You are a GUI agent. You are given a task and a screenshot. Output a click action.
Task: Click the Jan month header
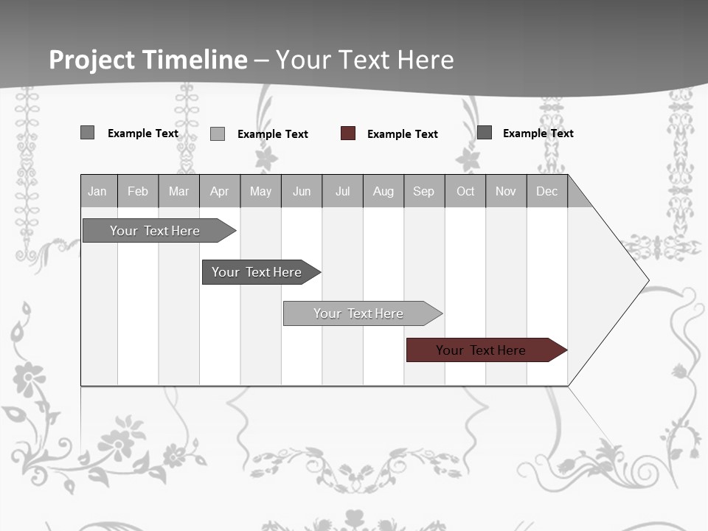[x=98, y=191]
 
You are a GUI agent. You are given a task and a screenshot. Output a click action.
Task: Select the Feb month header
[x=138, y=191]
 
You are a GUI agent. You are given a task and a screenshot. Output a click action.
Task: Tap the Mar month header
[x=178, y=191]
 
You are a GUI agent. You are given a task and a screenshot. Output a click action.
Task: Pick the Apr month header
[x=220, y=191]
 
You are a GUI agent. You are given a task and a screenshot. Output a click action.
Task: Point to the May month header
[x=260, y=191]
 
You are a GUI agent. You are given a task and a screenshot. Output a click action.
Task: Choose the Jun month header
[x=302, y=191]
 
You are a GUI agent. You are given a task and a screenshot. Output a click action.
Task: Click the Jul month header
[x=342, y=191]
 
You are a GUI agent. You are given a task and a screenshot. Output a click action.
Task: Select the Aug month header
[x=383, y=191]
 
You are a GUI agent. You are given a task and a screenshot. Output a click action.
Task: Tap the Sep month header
[x=424, y=191]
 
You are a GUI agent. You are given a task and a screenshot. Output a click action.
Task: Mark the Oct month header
[x=465, y=191]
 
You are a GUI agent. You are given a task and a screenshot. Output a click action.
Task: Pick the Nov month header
[x=506, y=191]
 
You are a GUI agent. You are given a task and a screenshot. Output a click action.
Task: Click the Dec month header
[x=547, y=191]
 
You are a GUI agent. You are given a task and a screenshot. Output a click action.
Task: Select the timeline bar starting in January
[x=156, y=231]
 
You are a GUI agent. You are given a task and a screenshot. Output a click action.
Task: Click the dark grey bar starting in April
[x=257, y=272]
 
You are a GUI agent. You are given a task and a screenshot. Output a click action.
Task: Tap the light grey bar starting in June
[x=359, y=313]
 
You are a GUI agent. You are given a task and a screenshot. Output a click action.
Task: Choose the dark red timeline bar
[x=482, y=350]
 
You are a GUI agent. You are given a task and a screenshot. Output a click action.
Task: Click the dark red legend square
[x=348, y=133]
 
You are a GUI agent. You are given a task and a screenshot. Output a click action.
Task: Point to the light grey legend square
[x=218, y=133]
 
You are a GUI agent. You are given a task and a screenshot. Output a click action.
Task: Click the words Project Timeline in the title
[x=148, y=60]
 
